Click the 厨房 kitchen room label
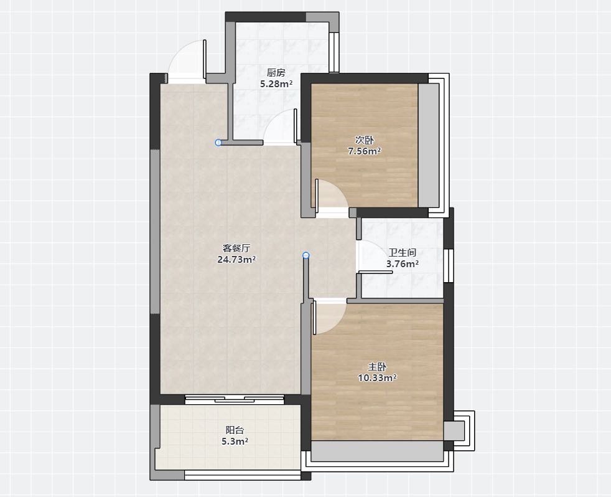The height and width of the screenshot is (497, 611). [276, 73]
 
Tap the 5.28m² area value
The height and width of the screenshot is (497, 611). [276, 83]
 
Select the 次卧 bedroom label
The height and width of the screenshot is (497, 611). [365, 140]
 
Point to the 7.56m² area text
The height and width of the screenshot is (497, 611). [365, 151]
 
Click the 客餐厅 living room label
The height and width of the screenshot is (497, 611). [236, 248]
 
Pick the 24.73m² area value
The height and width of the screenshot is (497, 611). [236, 260]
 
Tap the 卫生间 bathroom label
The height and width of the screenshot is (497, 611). [403, 253]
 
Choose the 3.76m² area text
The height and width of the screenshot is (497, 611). [403, 264]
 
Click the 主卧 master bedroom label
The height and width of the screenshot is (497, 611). [377, 367]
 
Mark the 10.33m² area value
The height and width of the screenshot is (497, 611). [377, 377]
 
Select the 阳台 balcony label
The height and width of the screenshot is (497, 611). [235, 430]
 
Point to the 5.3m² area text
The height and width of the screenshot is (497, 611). [235, 442]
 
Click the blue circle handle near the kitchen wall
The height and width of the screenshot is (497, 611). [218, 143]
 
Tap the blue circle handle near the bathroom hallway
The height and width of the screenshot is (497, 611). [306, 255]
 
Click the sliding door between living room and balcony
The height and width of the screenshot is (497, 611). [235, 399]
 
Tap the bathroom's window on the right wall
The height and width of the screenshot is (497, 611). [449, 265]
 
